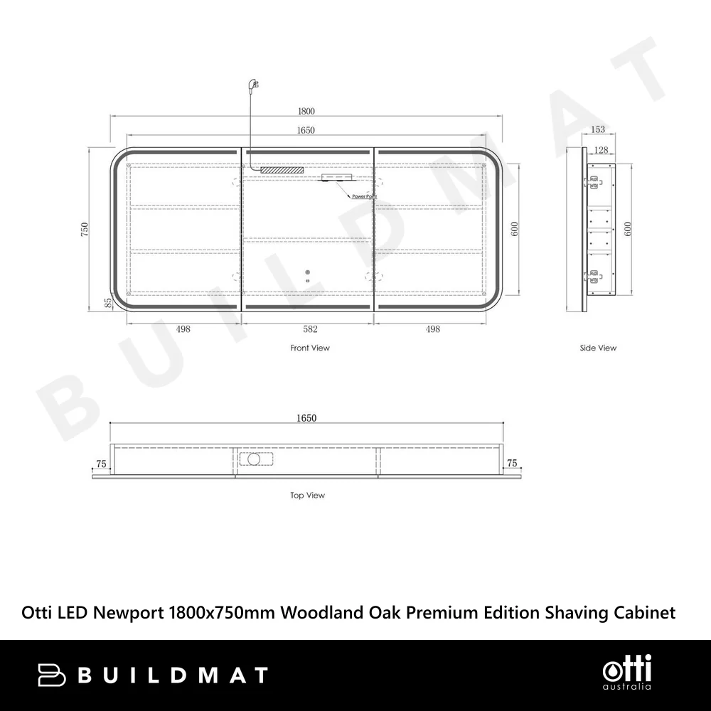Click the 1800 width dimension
(306, 111)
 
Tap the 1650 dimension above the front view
(306, 130)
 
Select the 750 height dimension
(85, 230)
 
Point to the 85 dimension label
(108, 303)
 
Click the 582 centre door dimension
(310, 329)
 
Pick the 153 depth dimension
(598, 129)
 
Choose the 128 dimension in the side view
(601, 150)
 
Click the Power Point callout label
(365, 196)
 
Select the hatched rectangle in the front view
(282, 170)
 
